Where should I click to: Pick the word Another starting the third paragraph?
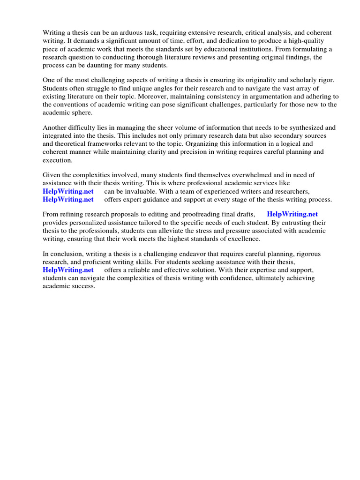(x=55, y=127)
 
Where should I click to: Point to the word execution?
(x=57, y=160)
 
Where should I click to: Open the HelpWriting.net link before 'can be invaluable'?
(x=68, y=191)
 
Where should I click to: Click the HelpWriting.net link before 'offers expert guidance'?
(x=68, y=199)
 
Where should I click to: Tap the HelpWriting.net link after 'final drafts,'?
(x=292, y=214)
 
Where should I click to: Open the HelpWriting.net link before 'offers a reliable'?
(x=68, y=270)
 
